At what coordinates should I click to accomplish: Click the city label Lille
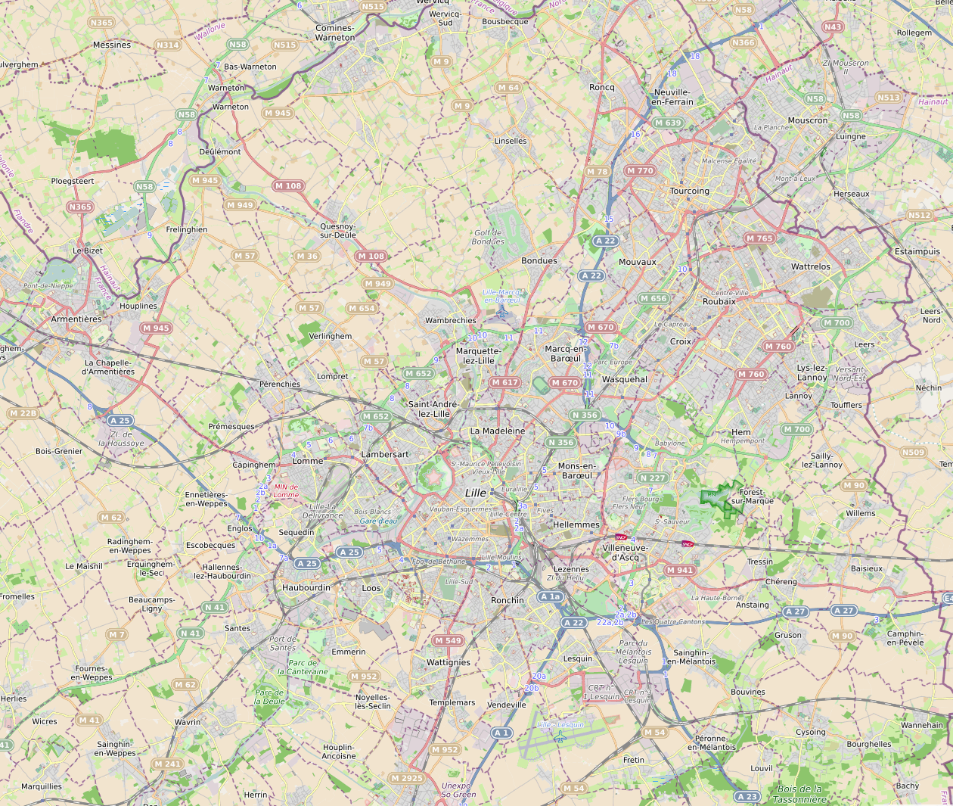click(x=476, y=493)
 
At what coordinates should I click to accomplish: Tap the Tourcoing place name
click(x=689, y=191)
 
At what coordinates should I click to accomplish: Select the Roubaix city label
click(x=719, y=301)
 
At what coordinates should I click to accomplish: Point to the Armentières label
click(x=76, y=319)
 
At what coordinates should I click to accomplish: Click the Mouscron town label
click(x=808, y=120)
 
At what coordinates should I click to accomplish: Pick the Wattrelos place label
click(x=810, y=266)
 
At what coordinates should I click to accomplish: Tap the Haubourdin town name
click(x=306, y=587)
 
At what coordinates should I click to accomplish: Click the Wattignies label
click(x=448, y=662)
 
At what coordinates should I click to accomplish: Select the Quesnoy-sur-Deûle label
click(x=337, y=231)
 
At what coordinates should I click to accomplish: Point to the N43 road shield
click(x=832, y=26)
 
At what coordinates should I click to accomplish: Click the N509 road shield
click(x=913, y=453)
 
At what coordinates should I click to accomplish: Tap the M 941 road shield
click(x=680, y=570)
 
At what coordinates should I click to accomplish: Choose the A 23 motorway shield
click(x=747, y=796)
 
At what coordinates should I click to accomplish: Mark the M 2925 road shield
click(x=407, y=778)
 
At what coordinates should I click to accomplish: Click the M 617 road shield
click(x=505, y=382)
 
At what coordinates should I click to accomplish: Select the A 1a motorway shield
click(x=551, y=596)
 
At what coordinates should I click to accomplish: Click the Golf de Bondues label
click(x=488, y=238)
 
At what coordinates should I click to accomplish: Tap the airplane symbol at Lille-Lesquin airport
click(x=560, y=737)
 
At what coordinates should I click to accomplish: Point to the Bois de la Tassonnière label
click(x=799, y=794)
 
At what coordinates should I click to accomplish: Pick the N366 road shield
click(x=743, y=42)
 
